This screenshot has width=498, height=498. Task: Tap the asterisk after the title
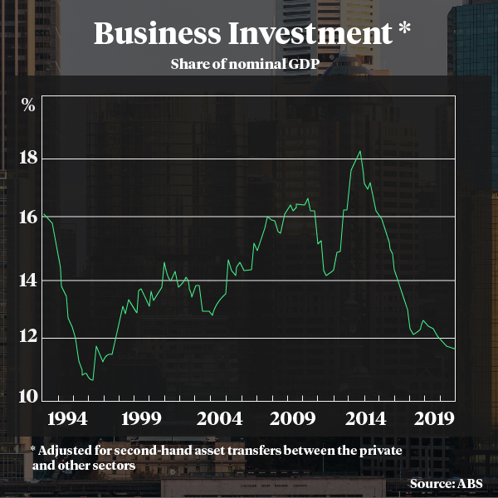pos(404,30)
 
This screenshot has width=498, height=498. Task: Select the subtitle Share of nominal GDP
pos(248,64)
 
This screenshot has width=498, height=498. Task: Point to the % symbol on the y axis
pos(28,105)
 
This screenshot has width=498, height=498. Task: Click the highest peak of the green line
pos(359,151)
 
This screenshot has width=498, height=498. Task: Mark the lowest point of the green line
pos(92,380)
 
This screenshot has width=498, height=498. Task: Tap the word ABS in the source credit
pos(473,483)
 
